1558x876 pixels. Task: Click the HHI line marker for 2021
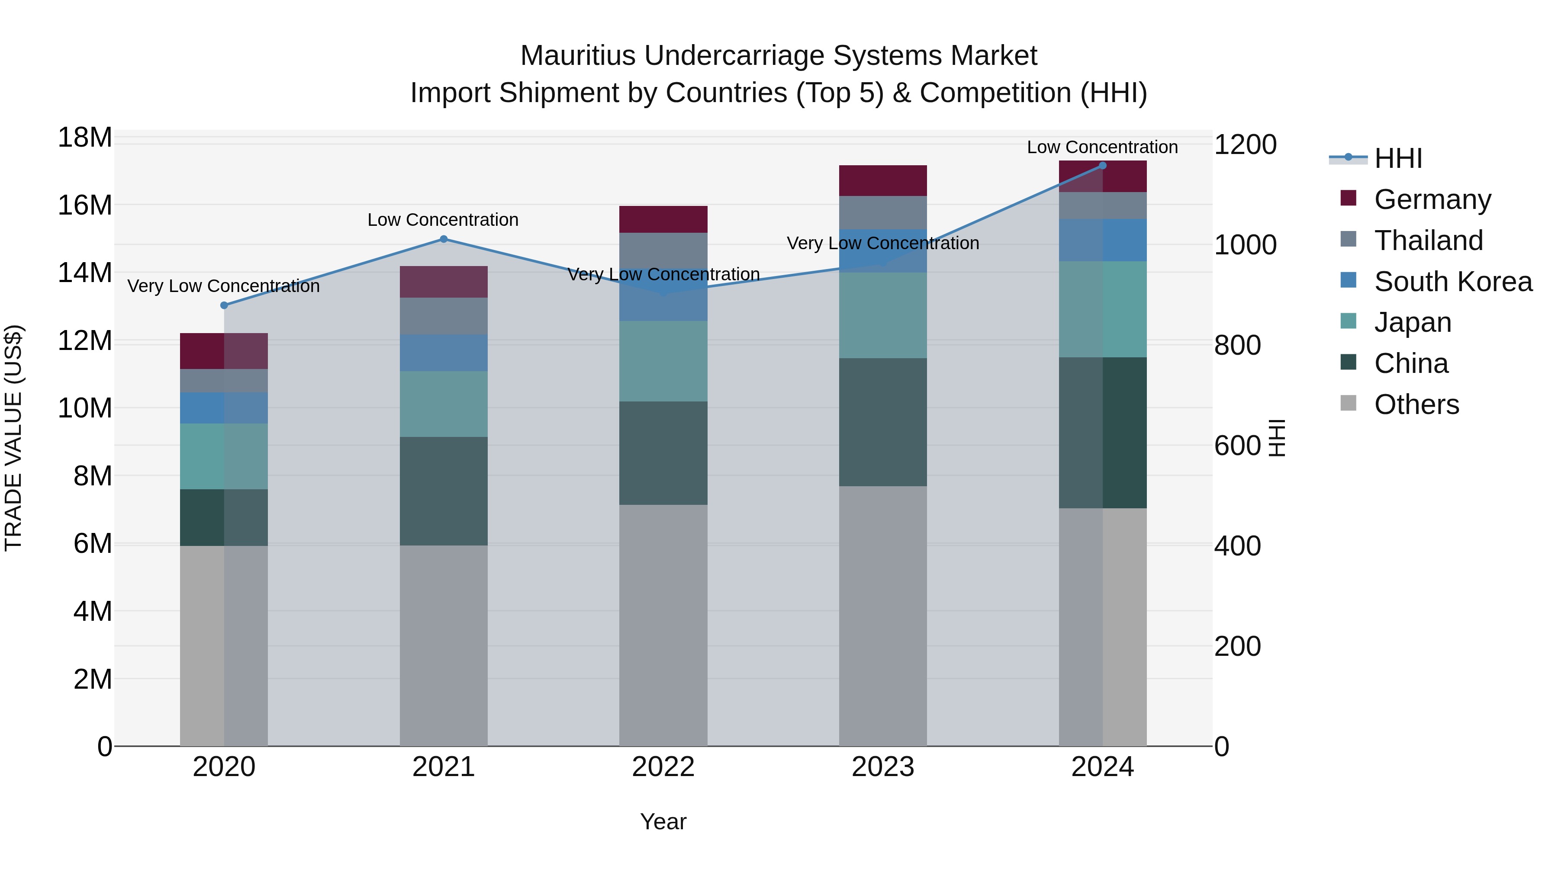click(443, 239)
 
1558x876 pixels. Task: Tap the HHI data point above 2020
click(224, 305)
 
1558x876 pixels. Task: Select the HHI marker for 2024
click(1102, 166)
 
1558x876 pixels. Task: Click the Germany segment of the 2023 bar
click(882, 180)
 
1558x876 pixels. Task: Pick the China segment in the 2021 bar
click(443, 491)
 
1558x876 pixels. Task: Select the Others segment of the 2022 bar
click(663, 625)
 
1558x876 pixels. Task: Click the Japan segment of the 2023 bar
click(882, 315)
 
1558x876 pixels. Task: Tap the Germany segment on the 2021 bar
click(443, 282)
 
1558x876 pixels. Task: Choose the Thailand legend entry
click(1428, 241)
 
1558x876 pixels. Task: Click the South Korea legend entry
click(1453, 282)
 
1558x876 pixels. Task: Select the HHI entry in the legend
click(1398, 158)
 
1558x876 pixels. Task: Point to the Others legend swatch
click(1348, 403)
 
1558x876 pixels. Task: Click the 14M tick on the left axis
click(85, 273)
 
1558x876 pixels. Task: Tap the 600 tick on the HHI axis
click(1237, 446)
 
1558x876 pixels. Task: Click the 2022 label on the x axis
click(663, 767)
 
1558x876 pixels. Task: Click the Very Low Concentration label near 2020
click(223, 286)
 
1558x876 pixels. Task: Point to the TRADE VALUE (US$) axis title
click(13, 438)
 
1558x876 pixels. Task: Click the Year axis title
click(663, 821)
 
